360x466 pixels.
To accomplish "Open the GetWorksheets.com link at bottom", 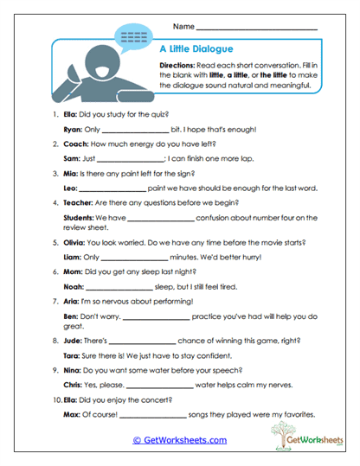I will pos(179,440).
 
